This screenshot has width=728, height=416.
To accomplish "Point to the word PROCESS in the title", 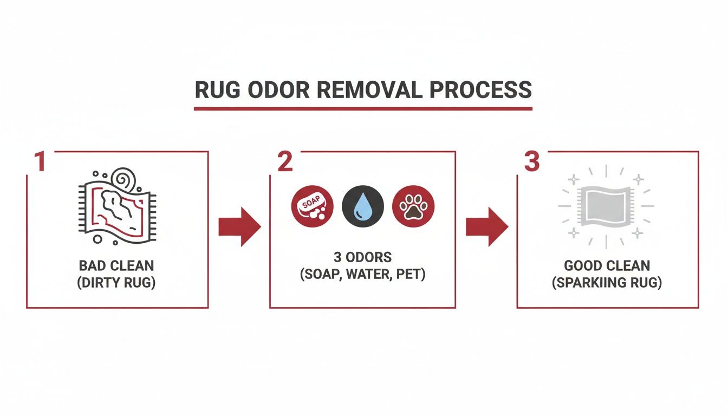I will pos(479,90).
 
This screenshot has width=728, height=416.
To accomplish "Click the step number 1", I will pos(39,162).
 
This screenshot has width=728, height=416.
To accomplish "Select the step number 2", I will pos(285,162).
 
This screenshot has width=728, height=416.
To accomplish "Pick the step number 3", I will pos(532,162).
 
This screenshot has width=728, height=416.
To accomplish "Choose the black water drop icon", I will pos(363,206).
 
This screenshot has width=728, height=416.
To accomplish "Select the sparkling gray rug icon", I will pos(606,206).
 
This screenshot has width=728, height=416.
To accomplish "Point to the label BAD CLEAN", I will pos(116,266).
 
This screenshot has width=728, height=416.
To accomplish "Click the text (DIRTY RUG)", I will pos(116,283).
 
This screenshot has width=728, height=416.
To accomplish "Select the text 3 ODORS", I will pos(362,257).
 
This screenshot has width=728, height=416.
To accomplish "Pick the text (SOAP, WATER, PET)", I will pos(362,274).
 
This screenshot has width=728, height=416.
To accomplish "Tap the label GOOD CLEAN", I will pos(607,266).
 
